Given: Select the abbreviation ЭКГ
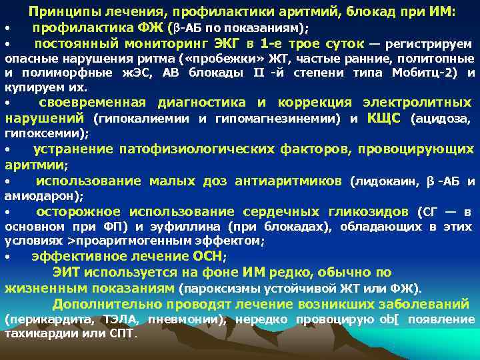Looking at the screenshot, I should pos(230,44).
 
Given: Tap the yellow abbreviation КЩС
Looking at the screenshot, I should pos(384,119).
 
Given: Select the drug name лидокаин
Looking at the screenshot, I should pos(387,181).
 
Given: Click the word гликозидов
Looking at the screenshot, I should pos(365,212).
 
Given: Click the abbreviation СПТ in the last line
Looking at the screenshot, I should pos(122,334).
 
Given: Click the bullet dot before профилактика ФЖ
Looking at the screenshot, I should pos(6,29).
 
